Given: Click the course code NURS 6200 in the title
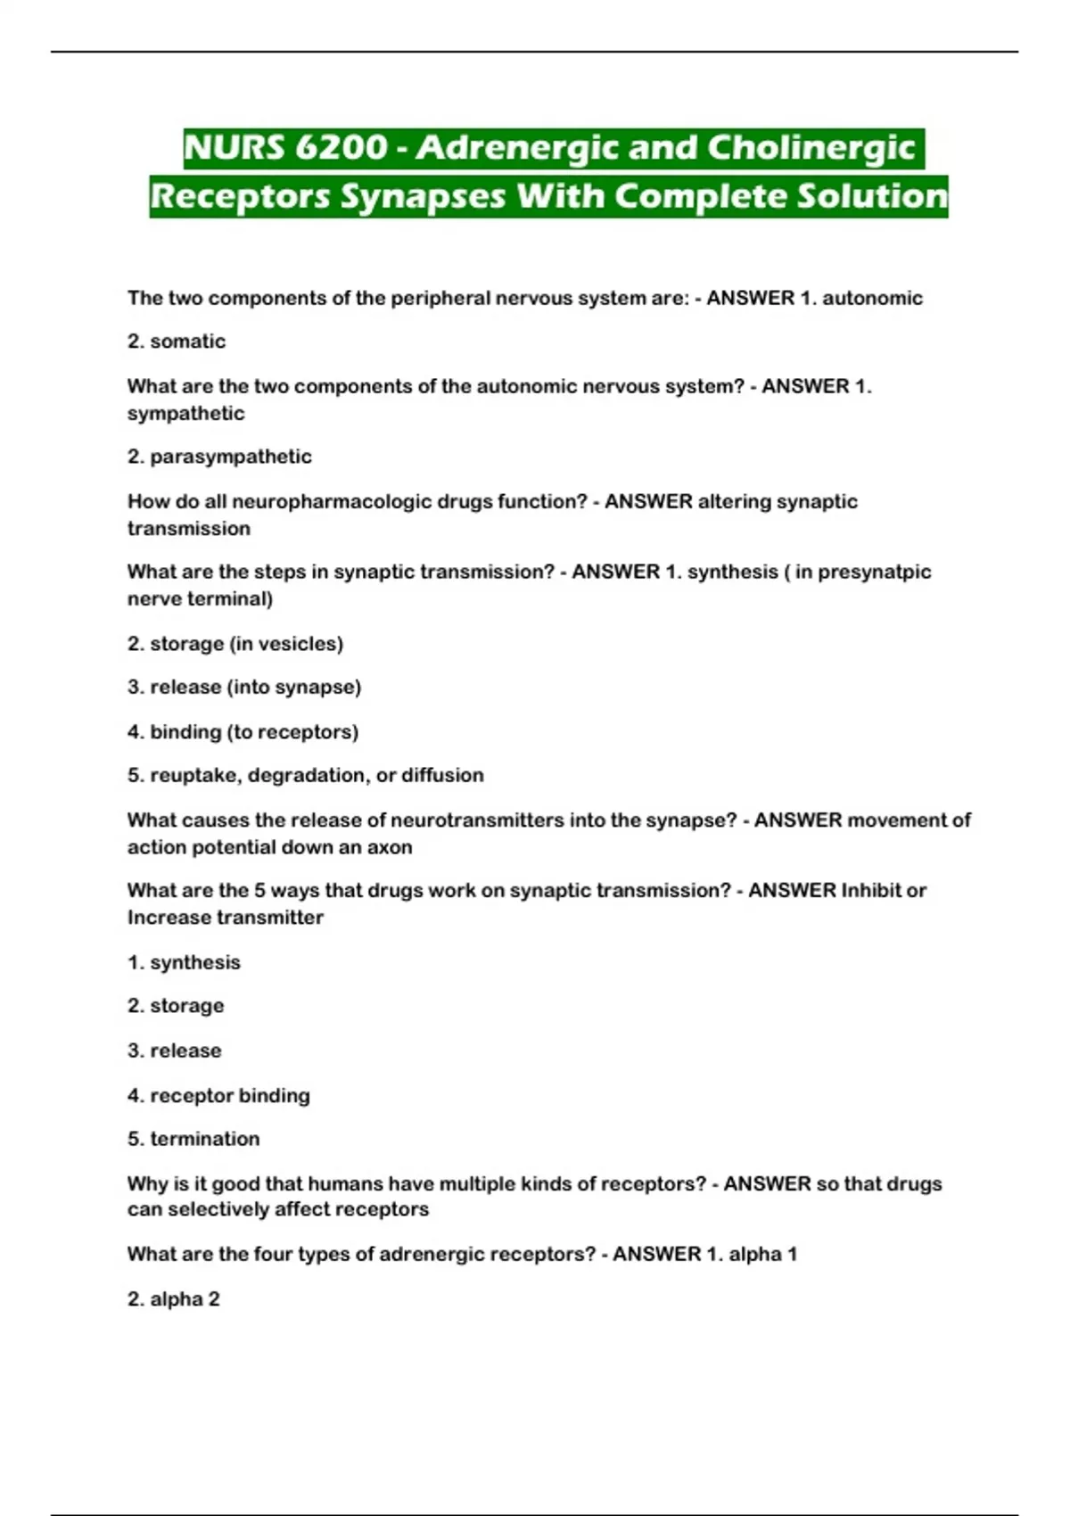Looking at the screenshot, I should coord(285,148).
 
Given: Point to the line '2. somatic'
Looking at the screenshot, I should coord(177,342).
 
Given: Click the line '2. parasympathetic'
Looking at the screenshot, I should coord(219,457).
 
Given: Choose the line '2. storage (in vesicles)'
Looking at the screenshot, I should coord(235,644).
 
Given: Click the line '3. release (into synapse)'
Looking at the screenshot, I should coord(244,688).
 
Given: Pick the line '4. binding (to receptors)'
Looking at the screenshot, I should coord(243,732).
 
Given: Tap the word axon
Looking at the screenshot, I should coord(390,847).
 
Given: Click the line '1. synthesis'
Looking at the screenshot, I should coord(184,962).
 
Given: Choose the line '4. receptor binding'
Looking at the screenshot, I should coord(218,1095).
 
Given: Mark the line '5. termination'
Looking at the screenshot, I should coord(193,1139).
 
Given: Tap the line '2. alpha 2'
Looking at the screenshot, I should coord(174,1299).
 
